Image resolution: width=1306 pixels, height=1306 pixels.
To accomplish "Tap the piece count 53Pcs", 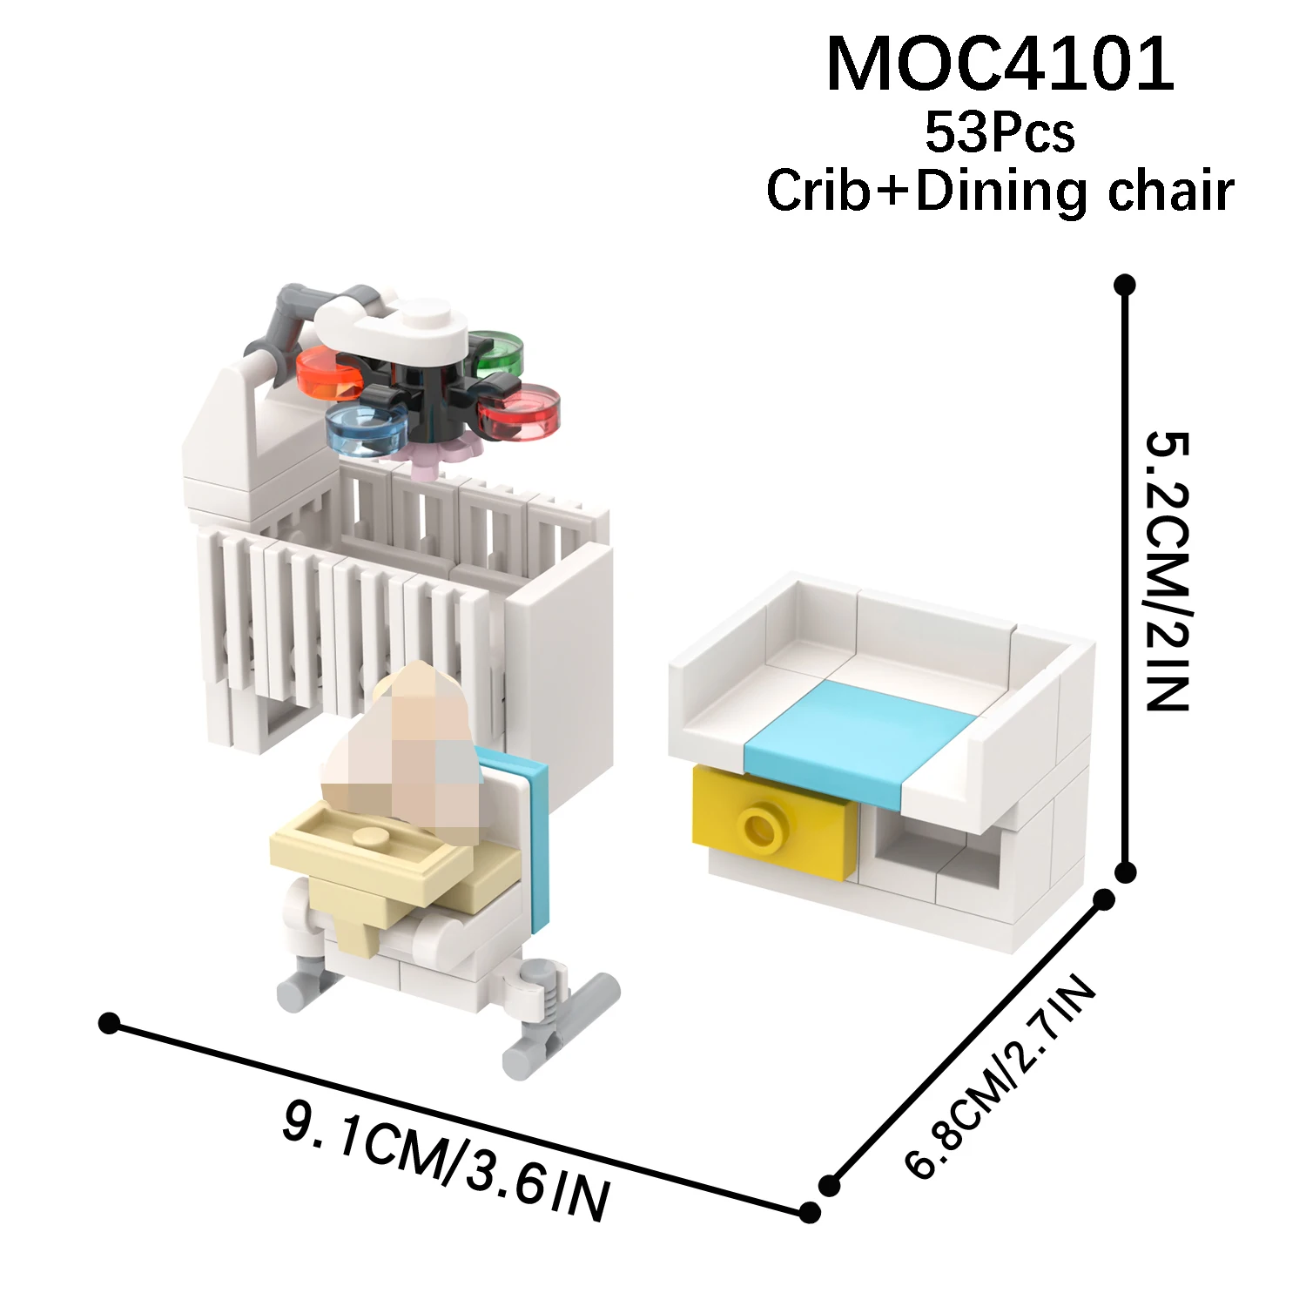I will [x=1000, y=133].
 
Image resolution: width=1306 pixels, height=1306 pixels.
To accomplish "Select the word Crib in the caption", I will [x=818, y=190].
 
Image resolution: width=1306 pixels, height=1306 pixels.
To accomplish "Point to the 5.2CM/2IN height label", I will [x=1167, y=570].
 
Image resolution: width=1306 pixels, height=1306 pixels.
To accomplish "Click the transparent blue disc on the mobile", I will [x=366, y=428].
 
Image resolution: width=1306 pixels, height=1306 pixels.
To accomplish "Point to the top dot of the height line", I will [x=1125, y=285].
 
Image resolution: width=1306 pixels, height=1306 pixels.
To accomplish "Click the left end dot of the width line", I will [x=109, y=1023].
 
